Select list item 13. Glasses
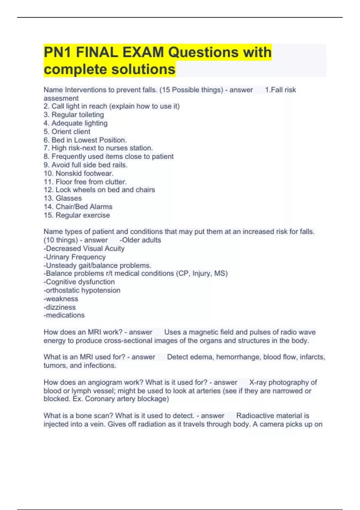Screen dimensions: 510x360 [x=63, y=198]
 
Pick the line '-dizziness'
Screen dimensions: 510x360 [x=60, y=307]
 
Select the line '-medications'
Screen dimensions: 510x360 [x=64, y=315]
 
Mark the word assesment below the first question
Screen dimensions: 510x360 [x=61, y=98]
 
